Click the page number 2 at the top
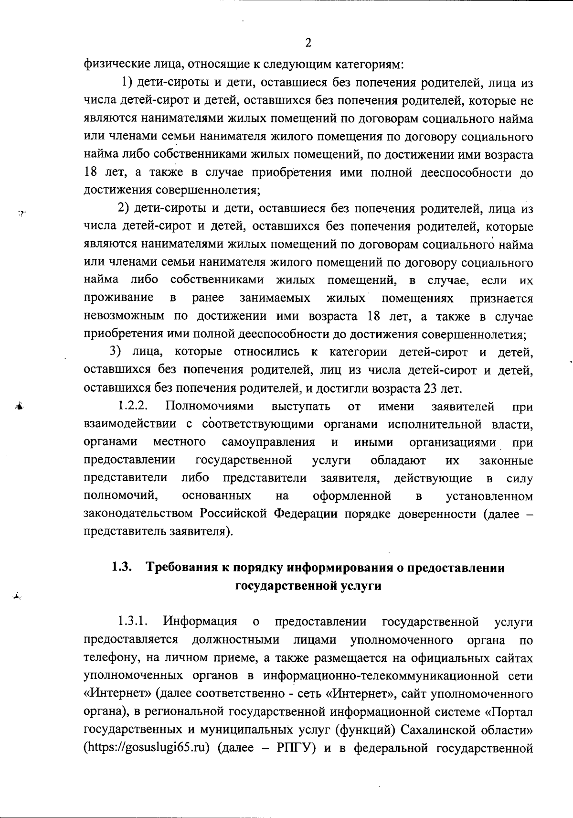308,43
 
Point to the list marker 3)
117,352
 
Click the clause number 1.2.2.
132,407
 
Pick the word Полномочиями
209,407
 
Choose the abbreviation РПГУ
295,748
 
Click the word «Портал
509,712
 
